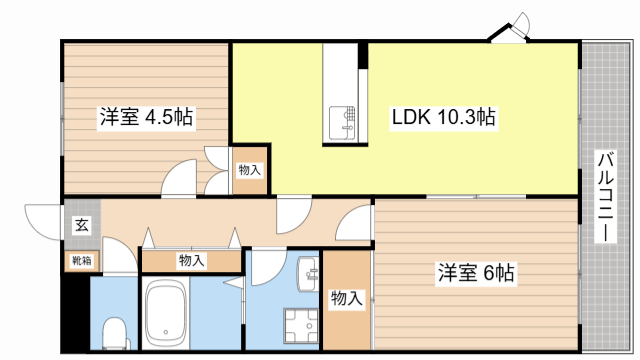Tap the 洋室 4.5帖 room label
pyautogui.click(x=146, y=118)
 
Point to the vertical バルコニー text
pyautogui.click(x=605, y=196)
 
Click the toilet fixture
pyautogui.click(x=116, y=329)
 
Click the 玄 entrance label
pyautogui.click(x=80, y=225)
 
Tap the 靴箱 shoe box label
pyautogui.click(x=80, y=261)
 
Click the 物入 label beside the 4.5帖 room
pyautogui.click(x=249, y=170)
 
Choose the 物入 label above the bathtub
pyautogui.click(x=191, y=261)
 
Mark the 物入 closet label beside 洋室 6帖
pyautogui.click(x=346, y=298)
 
